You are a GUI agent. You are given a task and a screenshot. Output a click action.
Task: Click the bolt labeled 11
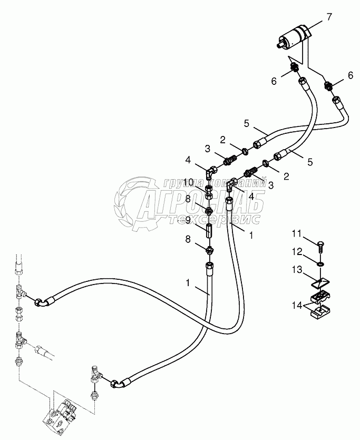click(x=322, y=245)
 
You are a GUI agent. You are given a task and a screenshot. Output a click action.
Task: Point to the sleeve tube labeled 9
click(x=209, y=230)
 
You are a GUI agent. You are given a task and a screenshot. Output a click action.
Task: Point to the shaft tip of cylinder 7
click(x=278, y=46)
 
